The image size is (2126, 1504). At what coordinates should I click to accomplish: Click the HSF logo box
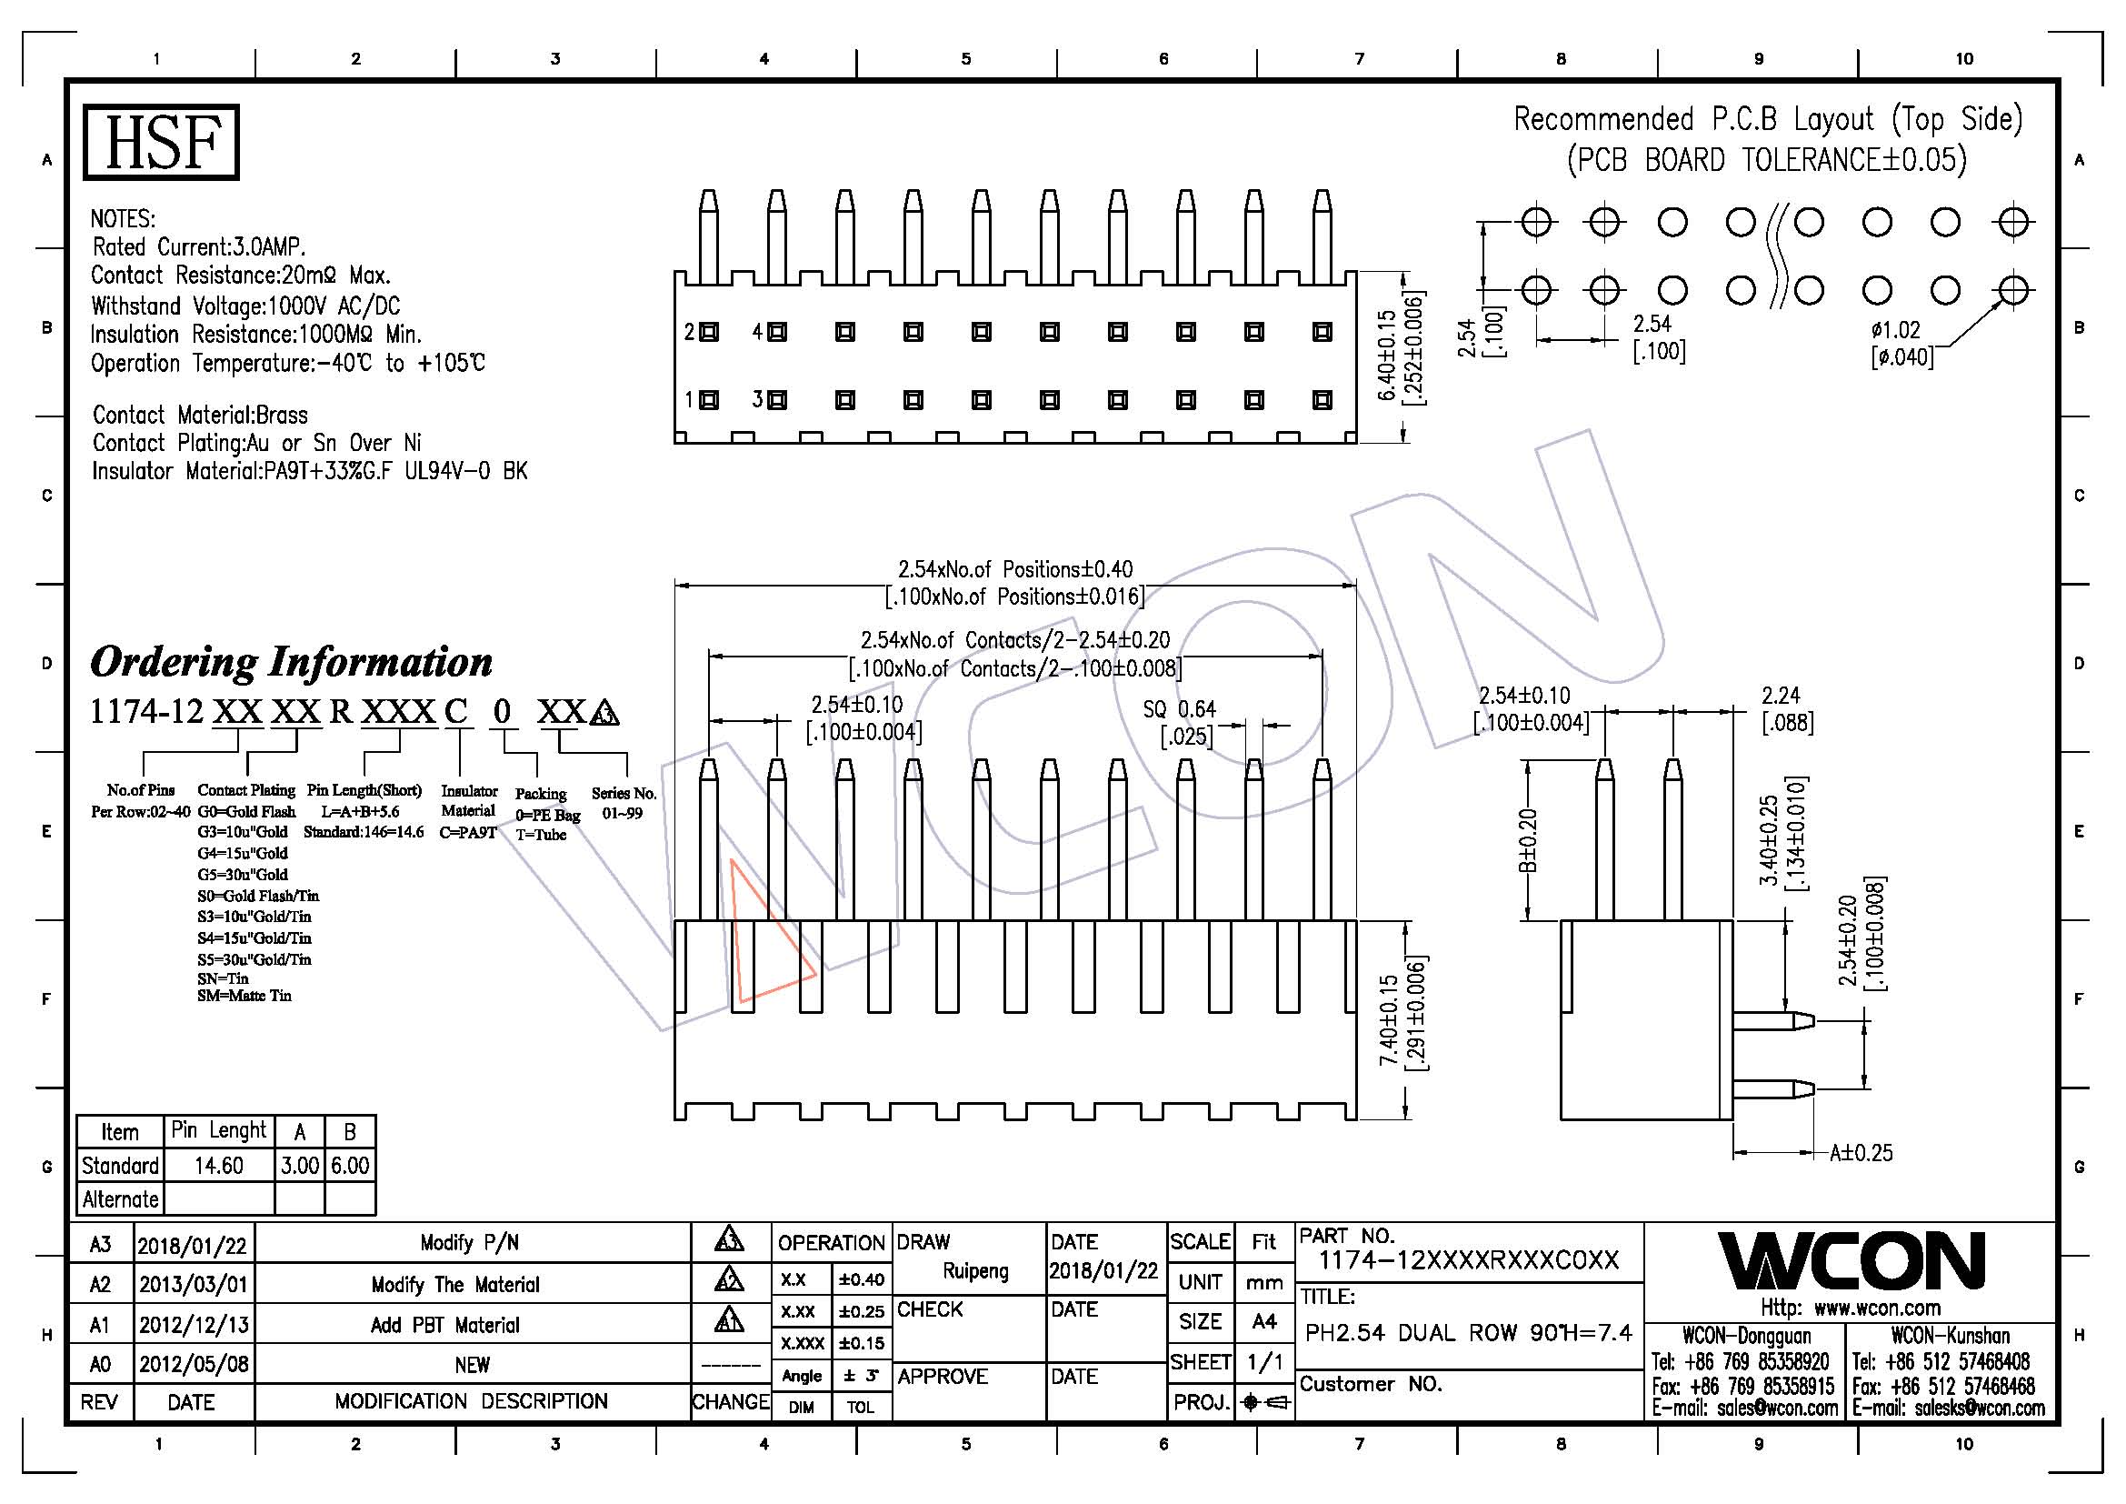tap(161, 142)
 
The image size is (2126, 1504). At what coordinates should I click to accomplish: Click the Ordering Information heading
tap(291, 662)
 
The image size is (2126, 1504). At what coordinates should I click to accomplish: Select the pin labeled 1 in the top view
tap(709, 400)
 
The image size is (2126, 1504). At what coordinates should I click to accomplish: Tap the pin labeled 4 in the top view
tap(777, 332)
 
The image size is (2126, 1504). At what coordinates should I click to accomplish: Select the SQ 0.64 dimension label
tap(1179, 710)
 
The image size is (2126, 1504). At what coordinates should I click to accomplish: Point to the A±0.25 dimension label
tap(1861, 1153)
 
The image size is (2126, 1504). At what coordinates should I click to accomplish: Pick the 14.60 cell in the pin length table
tap(218, 1166)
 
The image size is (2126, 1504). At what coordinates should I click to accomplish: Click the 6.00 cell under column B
tap(350, 1166)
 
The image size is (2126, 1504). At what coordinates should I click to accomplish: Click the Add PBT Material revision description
tap(444, 1325)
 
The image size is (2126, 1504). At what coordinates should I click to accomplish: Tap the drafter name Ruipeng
tap(975, 1270)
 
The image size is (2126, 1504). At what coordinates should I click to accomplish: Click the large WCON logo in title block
tap(1851, 1260)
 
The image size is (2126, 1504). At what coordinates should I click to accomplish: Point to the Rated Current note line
tap(198, 247)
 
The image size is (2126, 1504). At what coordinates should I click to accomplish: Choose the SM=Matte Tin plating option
tap(245, 997)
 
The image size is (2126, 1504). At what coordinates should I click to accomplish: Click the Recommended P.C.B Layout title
tap(1768, 119)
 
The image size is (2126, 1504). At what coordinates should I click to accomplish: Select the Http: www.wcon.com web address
tap(1850, 1308)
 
